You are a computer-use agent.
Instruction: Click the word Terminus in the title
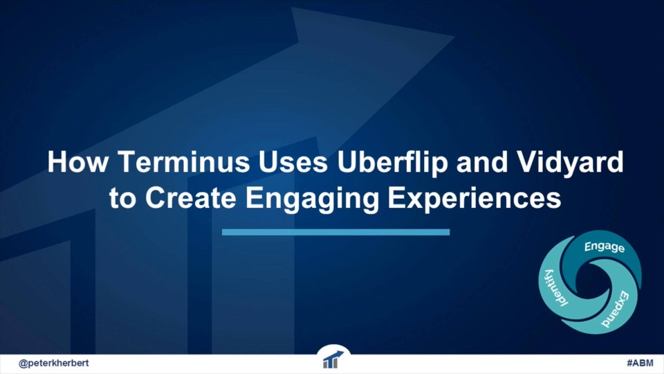pos(183,161)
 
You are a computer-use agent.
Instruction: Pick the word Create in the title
pos(191,197)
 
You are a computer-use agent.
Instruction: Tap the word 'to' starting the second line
pos(122,198)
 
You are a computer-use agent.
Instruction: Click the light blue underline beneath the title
pos(336,232)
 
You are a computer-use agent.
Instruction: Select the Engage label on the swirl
pos(605,247)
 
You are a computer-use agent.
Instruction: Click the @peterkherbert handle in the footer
pos(54,364)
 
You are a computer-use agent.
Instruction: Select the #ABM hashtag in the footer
pos(640,363)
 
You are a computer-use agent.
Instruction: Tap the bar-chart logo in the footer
pos(333,359)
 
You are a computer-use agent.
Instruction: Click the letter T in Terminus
pos(124,161)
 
